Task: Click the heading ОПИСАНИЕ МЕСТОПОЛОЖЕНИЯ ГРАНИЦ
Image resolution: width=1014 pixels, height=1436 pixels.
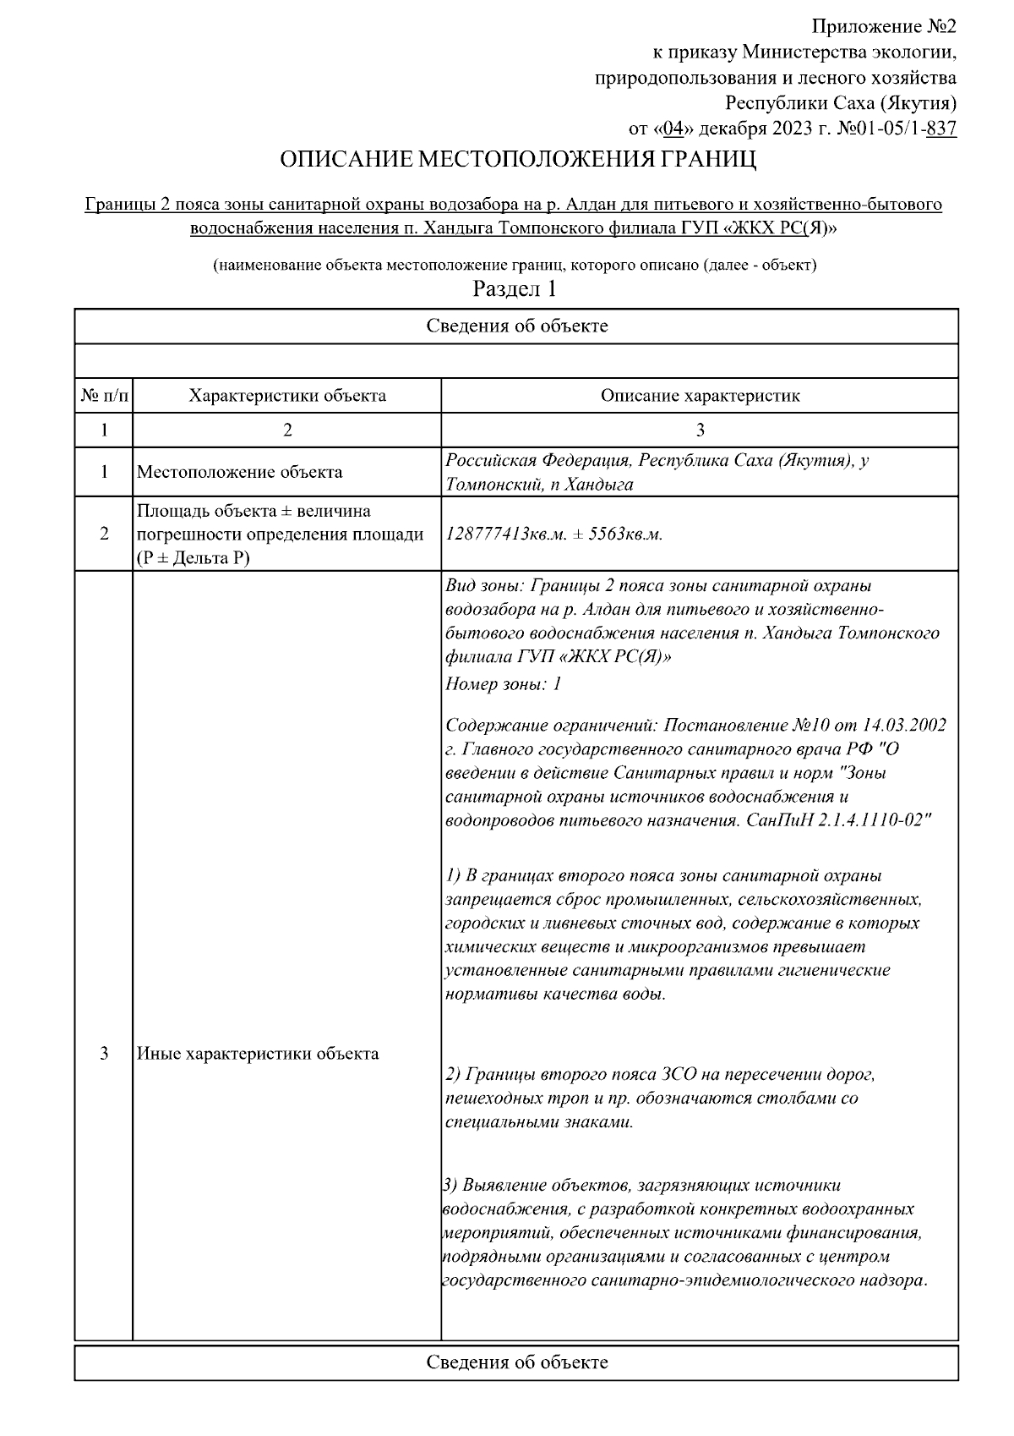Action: (518, 160)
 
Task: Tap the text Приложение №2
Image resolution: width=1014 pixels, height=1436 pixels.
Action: (884, 27)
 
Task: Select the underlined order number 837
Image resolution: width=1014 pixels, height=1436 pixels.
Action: (941, 129)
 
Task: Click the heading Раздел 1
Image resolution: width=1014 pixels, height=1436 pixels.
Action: (515, 289)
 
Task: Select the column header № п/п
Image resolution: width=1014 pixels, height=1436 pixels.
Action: (104, 396)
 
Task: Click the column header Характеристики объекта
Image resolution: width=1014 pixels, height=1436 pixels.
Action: (287, 396)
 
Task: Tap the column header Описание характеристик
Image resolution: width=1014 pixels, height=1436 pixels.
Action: (700, 396)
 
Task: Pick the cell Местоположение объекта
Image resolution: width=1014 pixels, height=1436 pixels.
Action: (240, 472)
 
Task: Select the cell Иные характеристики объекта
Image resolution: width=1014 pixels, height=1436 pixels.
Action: (258, 1054)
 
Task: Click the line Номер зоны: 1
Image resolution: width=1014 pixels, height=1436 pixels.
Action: (504, 684)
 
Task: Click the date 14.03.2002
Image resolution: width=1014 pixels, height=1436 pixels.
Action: (904, 726)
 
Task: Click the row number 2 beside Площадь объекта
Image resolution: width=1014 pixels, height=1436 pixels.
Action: (104, 534)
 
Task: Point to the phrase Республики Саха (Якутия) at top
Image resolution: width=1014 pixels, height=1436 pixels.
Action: (841, 104)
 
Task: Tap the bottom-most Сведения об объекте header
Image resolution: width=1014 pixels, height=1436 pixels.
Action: (516, 1362)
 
